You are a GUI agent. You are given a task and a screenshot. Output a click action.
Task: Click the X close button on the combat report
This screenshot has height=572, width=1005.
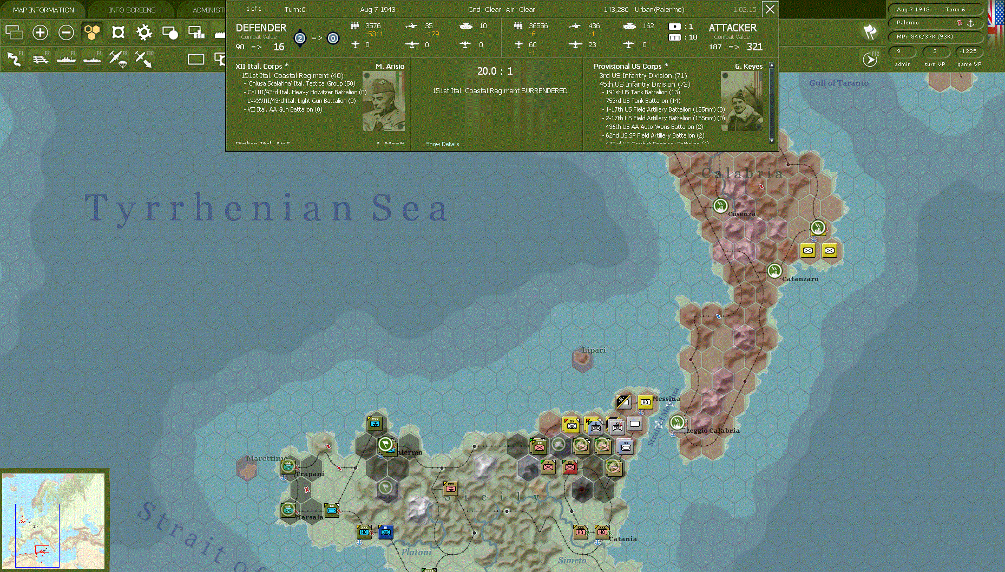[770, 9]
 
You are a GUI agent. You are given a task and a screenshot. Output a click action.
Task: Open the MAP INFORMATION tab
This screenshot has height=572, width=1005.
[43, 10]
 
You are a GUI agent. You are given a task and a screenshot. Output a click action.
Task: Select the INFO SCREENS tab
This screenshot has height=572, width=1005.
[132, 10]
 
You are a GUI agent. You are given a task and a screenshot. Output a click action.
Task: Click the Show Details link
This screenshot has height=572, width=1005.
[442, 144]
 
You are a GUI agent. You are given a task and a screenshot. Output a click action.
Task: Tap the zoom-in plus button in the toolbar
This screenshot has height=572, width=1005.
[40, 32]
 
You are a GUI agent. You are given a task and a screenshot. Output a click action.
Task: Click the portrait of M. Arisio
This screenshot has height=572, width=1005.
[383, 101]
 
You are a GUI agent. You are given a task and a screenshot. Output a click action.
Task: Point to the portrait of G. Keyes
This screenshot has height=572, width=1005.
[741, 101]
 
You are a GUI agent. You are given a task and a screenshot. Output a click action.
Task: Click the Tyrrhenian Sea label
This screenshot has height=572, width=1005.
[266, 207]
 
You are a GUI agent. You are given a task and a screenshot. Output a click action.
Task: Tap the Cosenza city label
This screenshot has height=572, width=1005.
[741, 214]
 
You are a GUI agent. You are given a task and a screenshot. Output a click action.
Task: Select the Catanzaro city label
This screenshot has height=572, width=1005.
[800, 279]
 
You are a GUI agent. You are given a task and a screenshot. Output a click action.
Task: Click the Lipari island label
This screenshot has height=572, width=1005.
[594, 350]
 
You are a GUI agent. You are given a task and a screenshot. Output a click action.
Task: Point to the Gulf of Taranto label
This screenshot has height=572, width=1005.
[838, 83]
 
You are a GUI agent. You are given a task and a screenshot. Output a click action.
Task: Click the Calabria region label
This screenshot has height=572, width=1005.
[742, 173]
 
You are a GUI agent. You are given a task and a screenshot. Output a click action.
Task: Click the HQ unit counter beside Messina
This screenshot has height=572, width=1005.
[645, 402]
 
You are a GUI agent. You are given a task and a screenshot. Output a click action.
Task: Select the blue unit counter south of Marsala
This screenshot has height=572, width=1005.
[385, 532]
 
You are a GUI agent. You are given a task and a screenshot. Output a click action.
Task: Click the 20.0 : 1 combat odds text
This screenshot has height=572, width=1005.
[495, 71]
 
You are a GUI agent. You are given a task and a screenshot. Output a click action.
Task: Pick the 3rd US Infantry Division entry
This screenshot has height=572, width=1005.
[643, 76]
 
